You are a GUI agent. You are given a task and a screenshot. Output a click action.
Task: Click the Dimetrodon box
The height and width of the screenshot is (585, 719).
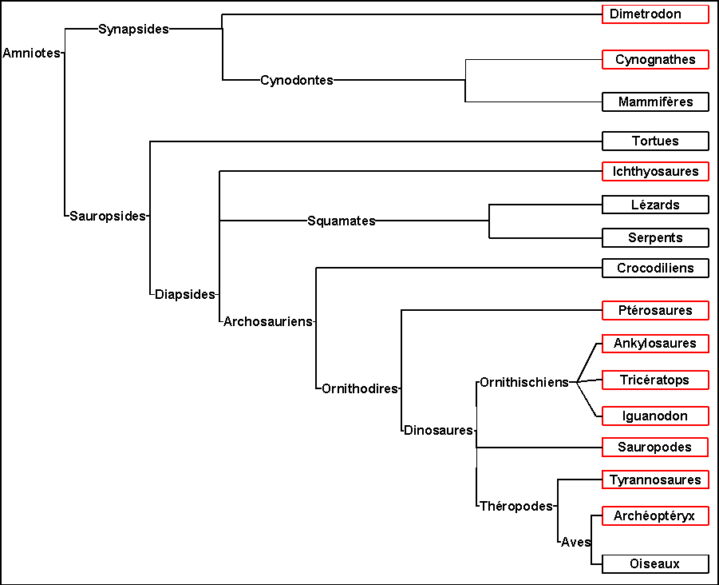[x=655, y=14]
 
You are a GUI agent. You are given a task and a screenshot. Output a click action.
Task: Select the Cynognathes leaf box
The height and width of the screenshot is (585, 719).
[x=655, y=60]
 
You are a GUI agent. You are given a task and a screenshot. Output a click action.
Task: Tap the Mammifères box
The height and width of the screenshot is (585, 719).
[x=655, y=102]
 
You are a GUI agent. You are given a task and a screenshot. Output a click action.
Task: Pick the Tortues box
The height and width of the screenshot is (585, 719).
[x=655, y=141]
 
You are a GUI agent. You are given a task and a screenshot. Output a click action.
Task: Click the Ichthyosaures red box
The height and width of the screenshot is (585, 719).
[x=655, y=171]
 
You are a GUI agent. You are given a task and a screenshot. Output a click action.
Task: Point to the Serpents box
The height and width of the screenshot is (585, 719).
[x=655, y=238]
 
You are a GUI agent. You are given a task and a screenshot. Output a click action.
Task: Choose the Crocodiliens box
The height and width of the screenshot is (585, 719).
[x=655, y=268]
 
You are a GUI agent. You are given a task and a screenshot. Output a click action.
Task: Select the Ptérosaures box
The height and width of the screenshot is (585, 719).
[x=655, y=310]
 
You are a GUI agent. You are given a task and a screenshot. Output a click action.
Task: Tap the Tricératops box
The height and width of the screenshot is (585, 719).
[x=655, y=380]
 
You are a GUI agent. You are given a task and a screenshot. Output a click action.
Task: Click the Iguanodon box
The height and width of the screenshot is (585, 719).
[x=655, y=416]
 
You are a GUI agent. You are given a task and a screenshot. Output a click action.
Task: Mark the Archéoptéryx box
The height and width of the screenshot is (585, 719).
[x=655, y=516]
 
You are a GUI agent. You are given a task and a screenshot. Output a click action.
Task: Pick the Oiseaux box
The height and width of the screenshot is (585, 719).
[x=655, y=564]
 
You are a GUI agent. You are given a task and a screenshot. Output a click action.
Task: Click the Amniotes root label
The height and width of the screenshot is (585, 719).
[x=32, y=54]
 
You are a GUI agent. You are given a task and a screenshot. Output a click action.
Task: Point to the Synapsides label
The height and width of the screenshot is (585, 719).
[x=134, y=30]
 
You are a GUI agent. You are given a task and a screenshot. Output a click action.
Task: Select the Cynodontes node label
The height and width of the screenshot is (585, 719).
[x=297, y=80]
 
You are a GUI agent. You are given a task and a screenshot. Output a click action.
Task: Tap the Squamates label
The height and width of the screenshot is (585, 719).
[x=342, y=221]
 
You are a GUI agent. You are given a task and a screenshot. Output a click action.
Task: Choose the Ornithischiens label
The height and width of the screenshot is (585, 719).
[x=524, y=382]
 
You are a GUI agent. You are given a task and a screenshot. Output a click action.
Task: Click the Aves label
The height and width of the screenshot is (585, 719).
[x=575, y=542]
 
